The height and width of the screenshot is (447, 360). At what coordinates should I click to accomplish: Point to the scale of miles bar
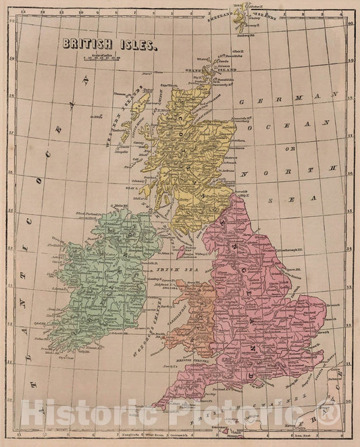101,59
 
